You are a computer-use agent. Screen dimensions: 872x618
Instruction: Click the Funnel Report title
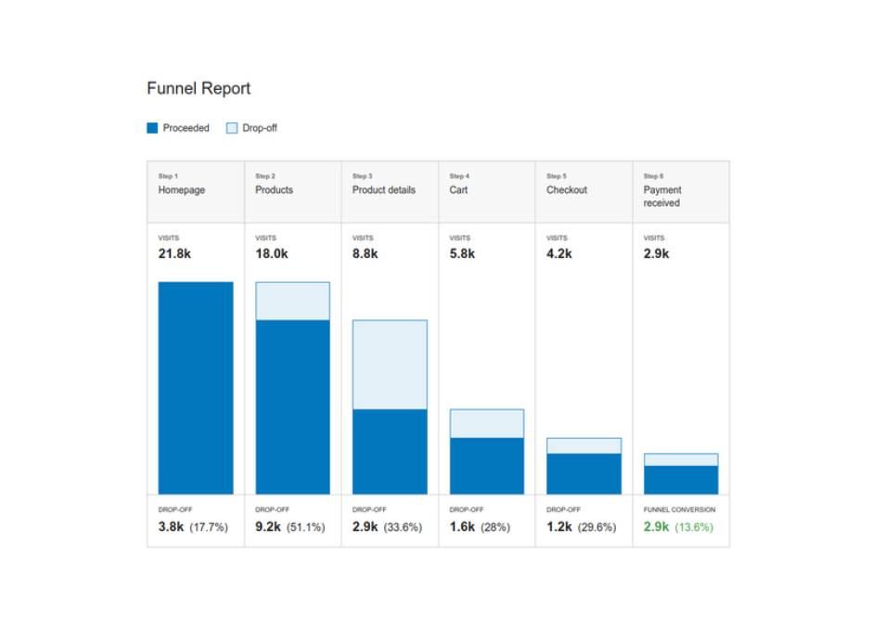199,88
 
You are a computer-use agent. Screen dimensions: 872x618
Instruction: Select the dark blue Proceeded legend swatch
152,128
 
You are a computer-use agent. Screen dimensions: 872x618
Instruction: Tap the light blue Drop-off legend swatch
232,128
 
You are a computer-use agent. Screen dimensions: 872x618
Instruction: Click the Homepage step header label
181,190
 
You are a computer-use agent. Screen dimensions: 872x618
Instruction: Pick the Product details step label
384,189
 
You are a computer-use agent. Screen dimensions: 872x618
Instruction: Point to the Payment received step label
662,197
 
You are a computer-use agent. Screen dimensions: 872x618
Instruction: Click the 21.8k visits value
174,253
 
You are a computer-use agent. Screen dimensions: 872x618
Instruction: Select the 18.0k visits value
272,253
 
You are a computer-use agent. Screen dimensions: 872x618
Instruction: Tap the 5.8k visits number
462,253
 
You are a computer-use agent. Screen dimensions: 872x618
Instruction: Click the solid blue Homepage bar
196,388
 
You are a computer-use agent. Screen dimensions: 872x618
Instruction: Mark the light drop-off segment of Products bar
292,301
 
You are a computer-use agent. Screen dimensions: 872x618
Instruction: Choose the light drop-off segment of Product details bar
390,365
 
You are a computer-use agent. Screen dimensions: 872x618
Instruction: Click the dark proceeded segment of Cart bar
487,466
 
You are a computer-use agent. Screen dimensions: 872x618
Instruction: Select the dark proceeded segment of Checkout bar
583,473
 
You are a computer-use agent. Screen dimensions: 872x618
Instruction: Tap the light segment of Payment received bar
681,459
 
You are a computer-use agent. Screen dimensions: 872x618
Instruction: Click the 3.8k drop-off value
171,527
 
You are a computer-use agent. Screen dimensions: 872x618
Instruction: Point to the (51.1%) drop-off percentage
306,527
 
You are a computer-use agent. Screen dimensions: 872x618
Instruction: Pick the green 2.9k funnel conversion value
656,527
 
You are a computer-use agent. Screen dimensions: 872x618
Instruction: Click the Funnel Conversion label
680,509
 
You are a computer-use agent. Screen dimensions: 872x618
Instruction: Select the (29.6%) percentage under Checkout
596,527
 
